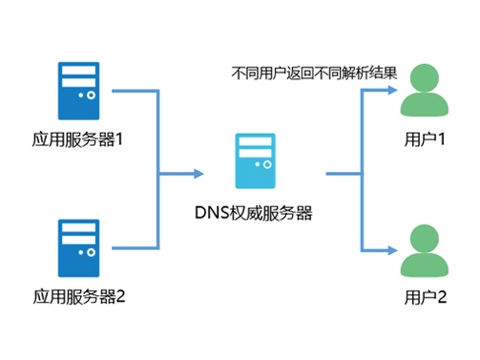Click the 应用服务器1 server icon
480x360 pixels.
(x=78, y=92)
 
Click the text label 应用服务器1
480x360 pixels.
(x=78, y=140)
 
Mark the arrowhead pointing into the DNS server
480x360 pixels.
(x=198, y=174)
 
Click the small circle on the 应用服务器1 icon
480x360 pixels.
(x=92, y=96)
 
